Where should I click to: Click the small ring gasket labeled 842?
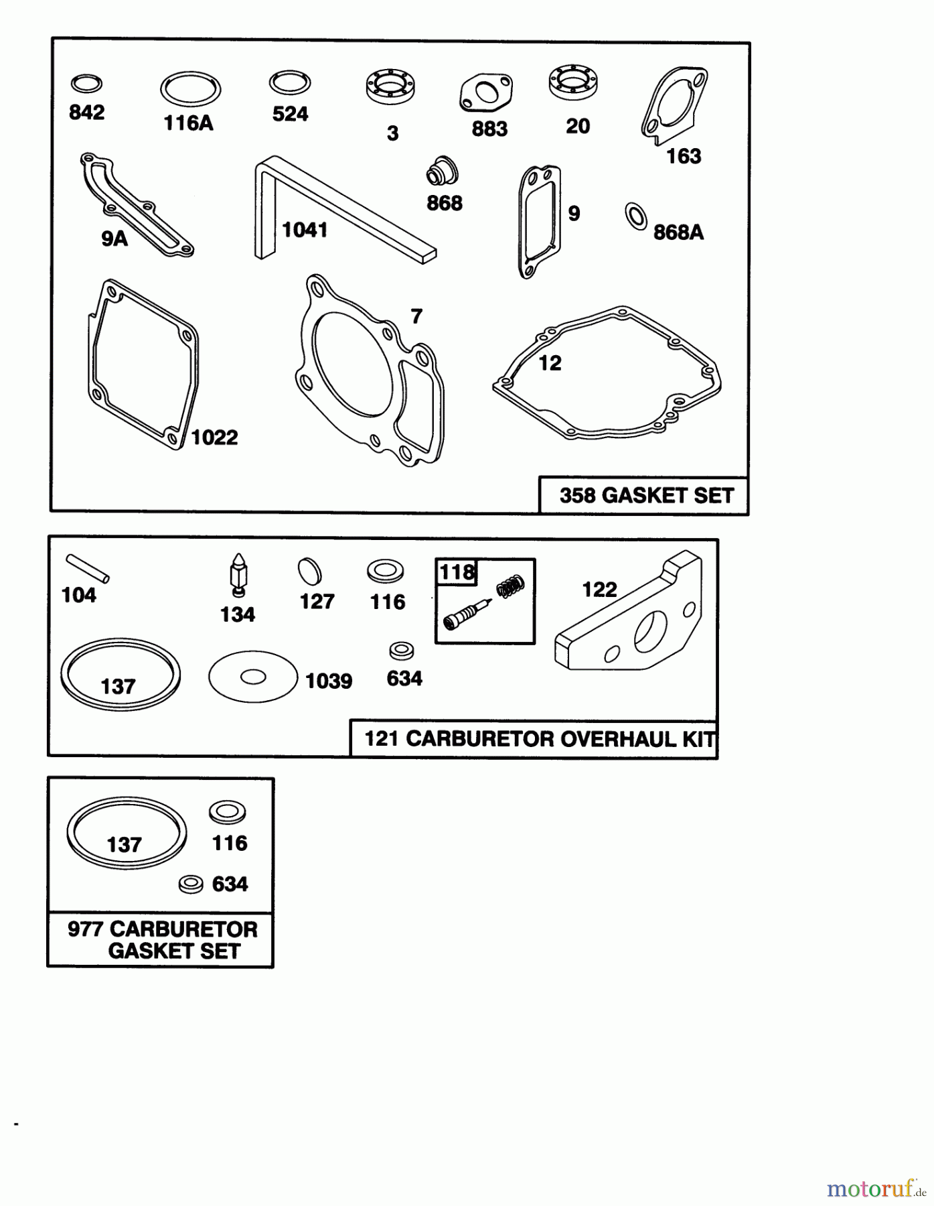[x=86, y=84]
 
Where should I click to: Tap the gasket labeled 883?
[x=486, y=93]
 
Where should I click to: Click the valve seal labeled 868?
[x=443, y=172]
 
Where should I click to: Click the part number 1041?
[x=305, y=230]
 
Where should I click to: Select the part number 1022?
[x=214, y=438]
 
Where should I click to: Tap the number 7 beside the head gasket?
[x=416, y=316]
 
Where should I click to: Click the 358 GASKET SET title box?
[x=644, y=496]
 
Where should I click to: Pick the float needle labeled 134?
[x=238, y=576]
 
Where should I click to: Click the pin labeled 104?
[x=87, y=568]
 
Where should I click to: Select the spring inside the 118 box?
[x=510, y=587]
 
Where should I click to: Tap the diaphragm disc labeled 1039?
[x=252, y=677]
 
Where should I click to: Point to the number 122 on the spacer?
[x=599, y=590]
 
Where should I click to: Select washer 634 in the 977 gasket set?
[x=191, y=884]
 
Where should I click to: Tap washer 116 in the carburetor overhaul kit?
[x=385, y=572]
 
